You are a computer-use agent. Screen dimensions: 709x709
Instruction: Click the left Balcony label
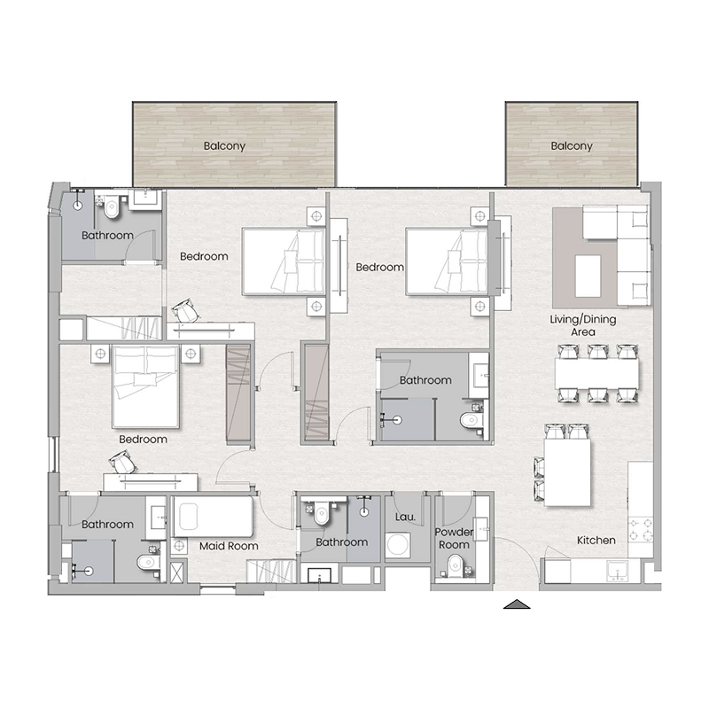click(224, 146)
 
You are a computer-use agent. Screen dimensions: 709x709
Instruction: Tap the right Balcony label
click(571, 146)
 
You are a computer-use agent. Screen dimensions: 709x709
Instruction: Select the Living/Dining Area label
click(582, 324)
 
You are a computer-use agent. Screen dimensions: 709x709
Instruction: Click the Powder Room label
click(454, 538)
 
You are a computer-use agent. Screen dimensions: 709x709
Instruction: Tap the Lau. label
click(404, 517)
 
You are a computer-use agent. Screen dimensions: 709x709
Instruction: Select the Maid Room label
click(229, 546)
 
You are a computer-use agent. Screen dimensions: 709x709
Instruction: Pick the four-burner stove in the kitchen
click(641, 529)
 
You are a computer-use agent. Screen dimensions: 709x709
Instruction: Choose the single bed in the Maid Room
click(213, 517)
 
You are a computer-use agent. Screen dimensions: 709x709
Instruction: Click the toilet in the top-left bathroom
click(112, 208)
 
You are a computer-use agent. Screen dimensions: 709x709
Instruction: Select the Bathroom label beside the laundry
click(341, 542)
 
